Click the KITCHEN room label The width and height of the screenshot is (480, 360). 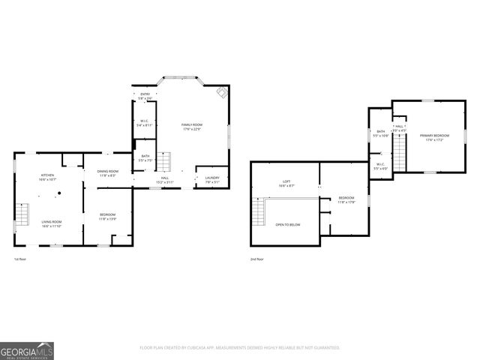pos(46,176)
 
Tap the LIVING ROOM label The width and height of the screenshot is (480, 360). pos(52,221)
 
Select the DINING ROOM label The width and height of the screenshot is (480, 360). pos(108,172)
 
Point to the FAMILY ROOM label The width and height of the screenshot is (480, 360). pos(192,124)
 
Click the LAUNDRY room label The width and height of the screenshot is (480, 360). pos(212,178)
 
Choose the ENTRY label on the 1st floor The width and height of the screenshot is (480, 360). pos(145,94)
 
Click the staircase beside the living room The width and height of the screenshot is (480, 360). pos(22,214)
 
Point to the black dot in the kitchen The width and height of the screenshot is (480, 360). pos(56,193)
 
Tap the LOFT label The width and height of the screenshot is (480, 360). pos(286,181)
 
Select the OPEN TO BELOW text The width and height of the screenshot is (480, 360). pos(289,224)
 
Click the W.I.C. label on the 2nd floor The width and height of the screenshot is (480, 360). pos(380,165)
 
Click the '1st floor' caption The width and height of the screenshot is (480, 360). pos(20,259)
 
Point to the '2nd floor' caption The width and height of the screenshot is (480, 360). pos(257,259)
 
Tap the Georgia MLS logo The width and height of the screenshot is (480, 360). pos(27,350)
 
